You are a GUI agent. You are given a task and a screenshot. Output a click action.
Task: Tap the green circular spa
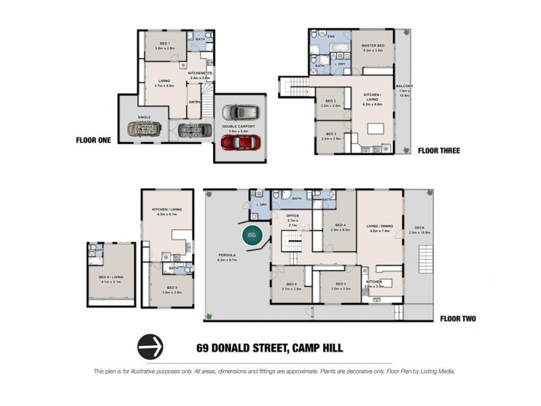pos(250,236)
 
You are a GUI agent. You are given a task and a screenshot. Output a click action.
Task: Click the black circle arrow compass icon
pos(151,347)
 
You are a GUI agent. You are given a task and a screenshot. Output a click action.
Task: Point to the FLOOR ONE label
pos(95,141)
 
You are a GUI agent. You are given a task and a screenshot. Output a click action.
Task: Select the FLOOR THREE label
pos(439,150)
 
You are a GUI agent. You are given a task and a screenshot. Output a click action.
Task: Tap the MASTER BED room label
pos(373,46)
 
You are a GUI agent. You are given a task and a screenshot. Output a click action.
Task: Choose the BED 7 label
pos(165,43)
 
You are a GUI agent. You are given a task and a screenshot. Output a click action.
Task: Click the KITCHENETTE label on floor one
pos(201,74)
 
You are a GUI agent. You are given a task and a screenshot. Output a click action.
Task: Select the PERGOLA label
pos(225,256)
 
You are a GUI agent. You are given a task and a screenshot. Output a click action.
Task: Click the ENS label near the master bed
pos(331,36)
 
